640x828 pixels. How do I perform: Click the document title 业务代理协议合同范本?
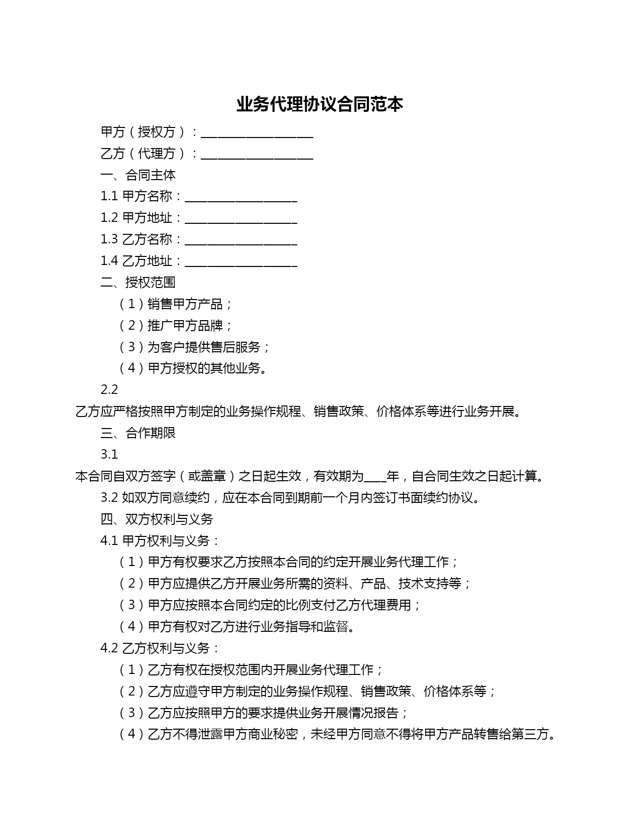[320, 104]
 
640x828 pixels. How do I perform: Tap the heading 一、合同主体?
[138, 175]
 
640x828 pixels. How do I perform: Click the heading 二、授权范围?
[138, 283]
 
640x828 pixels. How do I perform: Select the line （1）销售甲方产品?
[176, 304]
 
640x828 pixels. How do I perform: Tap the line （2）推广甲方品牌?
[176, 326]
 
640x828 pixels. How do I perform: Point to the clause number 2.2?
[109, 390]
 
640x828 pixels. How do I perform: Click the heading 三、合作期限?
[138, 433]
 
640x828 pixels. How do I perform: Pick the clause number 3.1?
[109, 455]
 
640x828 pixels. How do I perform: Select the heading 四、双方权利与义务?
[157, 519]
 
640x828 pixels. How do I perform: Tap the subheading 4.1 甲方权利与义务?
[160, 541]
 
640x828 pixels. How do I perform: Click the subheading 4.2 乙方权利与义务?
[160, 648]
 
